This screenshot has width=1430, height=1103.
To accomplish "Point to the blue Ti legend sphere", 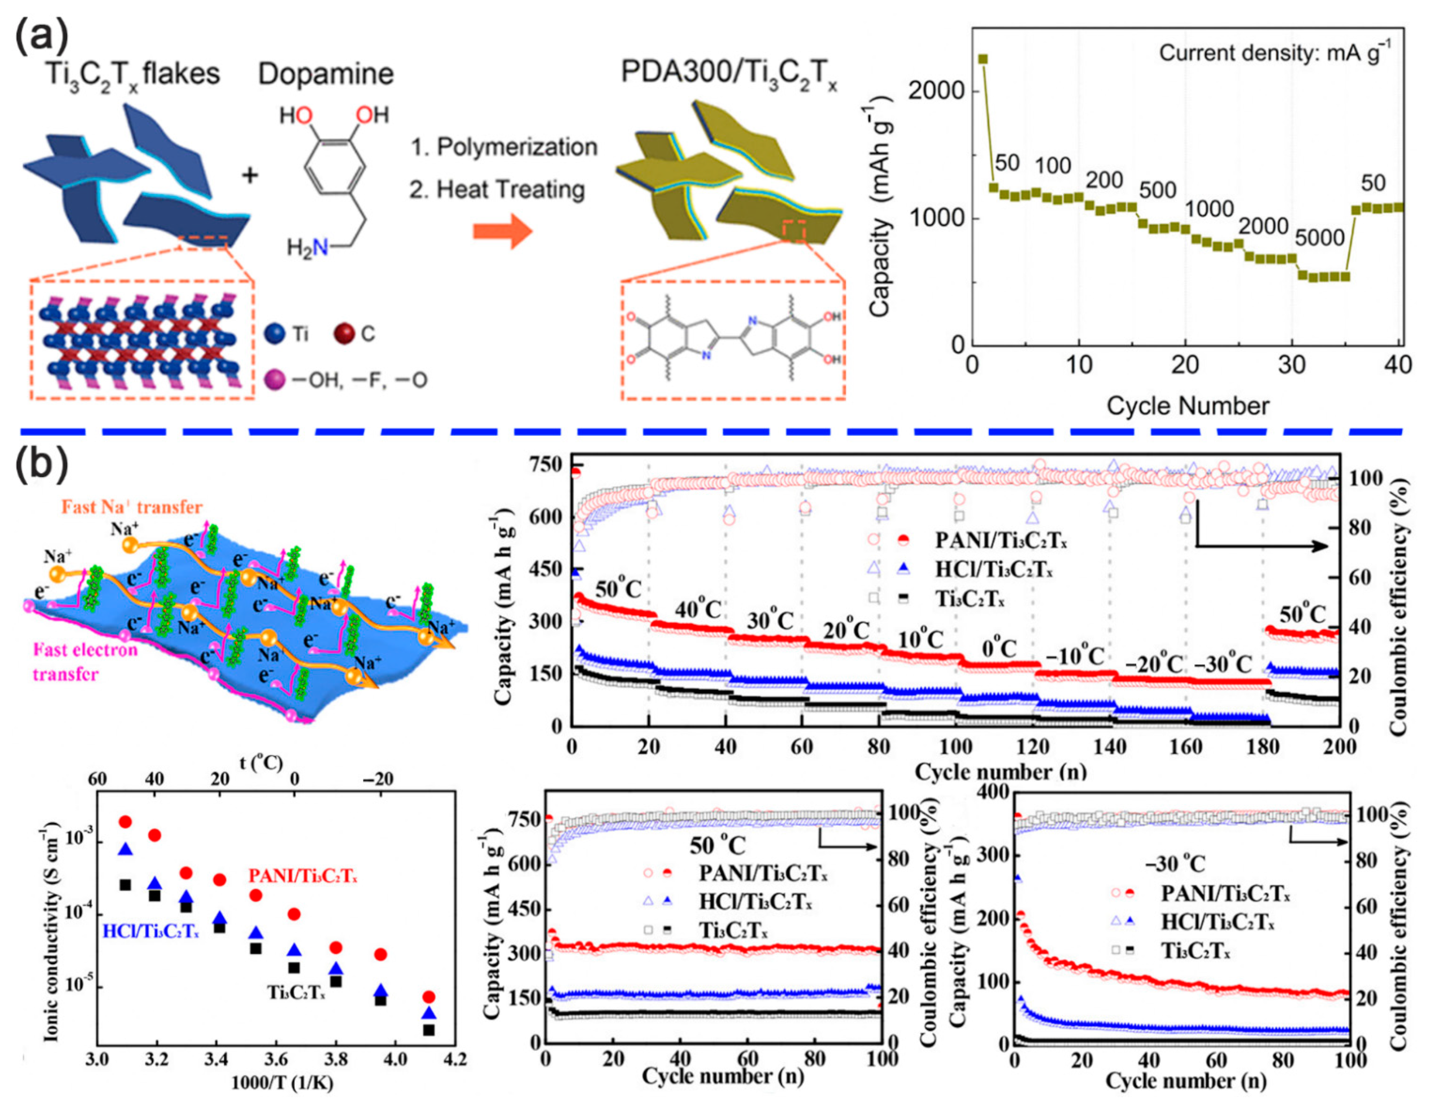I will (x=276, y=334).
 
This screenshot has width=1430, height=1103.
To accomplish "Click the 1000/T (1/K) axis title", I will (x=282, y=1083).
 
